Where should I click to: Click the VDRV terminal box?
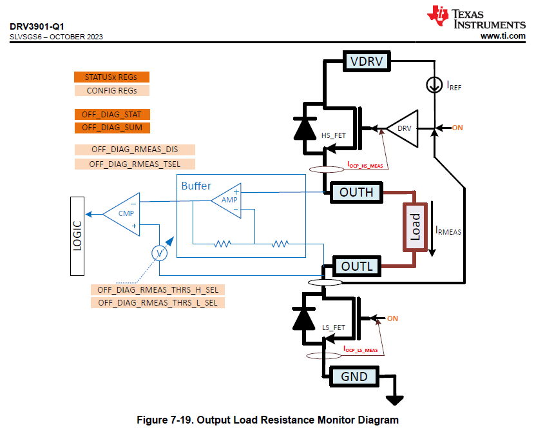367,61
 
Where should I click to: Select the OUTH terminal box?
356,192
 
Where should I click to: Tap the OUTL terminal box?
356,266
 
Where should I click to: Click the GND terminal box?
354,376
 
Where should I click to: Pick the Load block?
415,227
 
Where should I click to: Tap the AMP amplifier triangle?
227,200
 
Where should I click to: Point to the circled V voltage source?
159,253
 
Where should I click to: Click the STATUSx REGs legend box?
111,77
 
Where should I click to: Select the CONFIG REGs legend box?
111,91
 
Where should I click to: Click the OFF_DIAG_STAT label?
111,114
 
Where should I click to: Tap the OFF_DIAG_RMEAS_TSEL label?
135,164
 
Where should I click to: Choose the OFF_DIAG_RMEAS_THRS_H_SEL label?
158,289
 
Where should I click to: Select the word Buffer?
196,186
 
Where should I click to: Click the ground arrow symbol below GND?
393,400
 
